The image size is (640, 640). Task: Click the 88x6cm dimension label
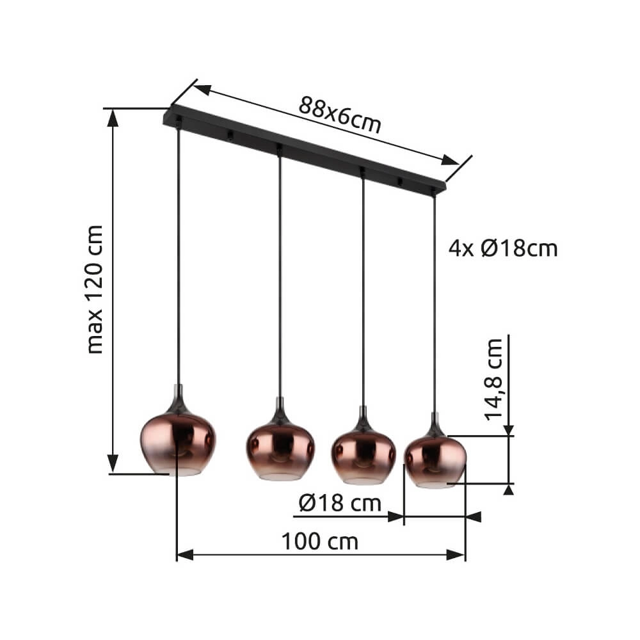pos(339,115)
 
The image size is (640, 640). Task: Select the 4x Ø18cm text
pos(503,248)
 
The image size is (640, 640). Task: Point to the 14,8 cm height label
pos(493,379)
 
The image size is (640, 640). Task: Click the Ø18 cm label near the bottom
pos(339,504)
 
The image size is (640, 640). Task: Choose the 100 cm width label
pos(320,541)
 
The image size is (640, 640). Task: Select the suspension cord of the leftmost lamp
pos(177,256)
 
